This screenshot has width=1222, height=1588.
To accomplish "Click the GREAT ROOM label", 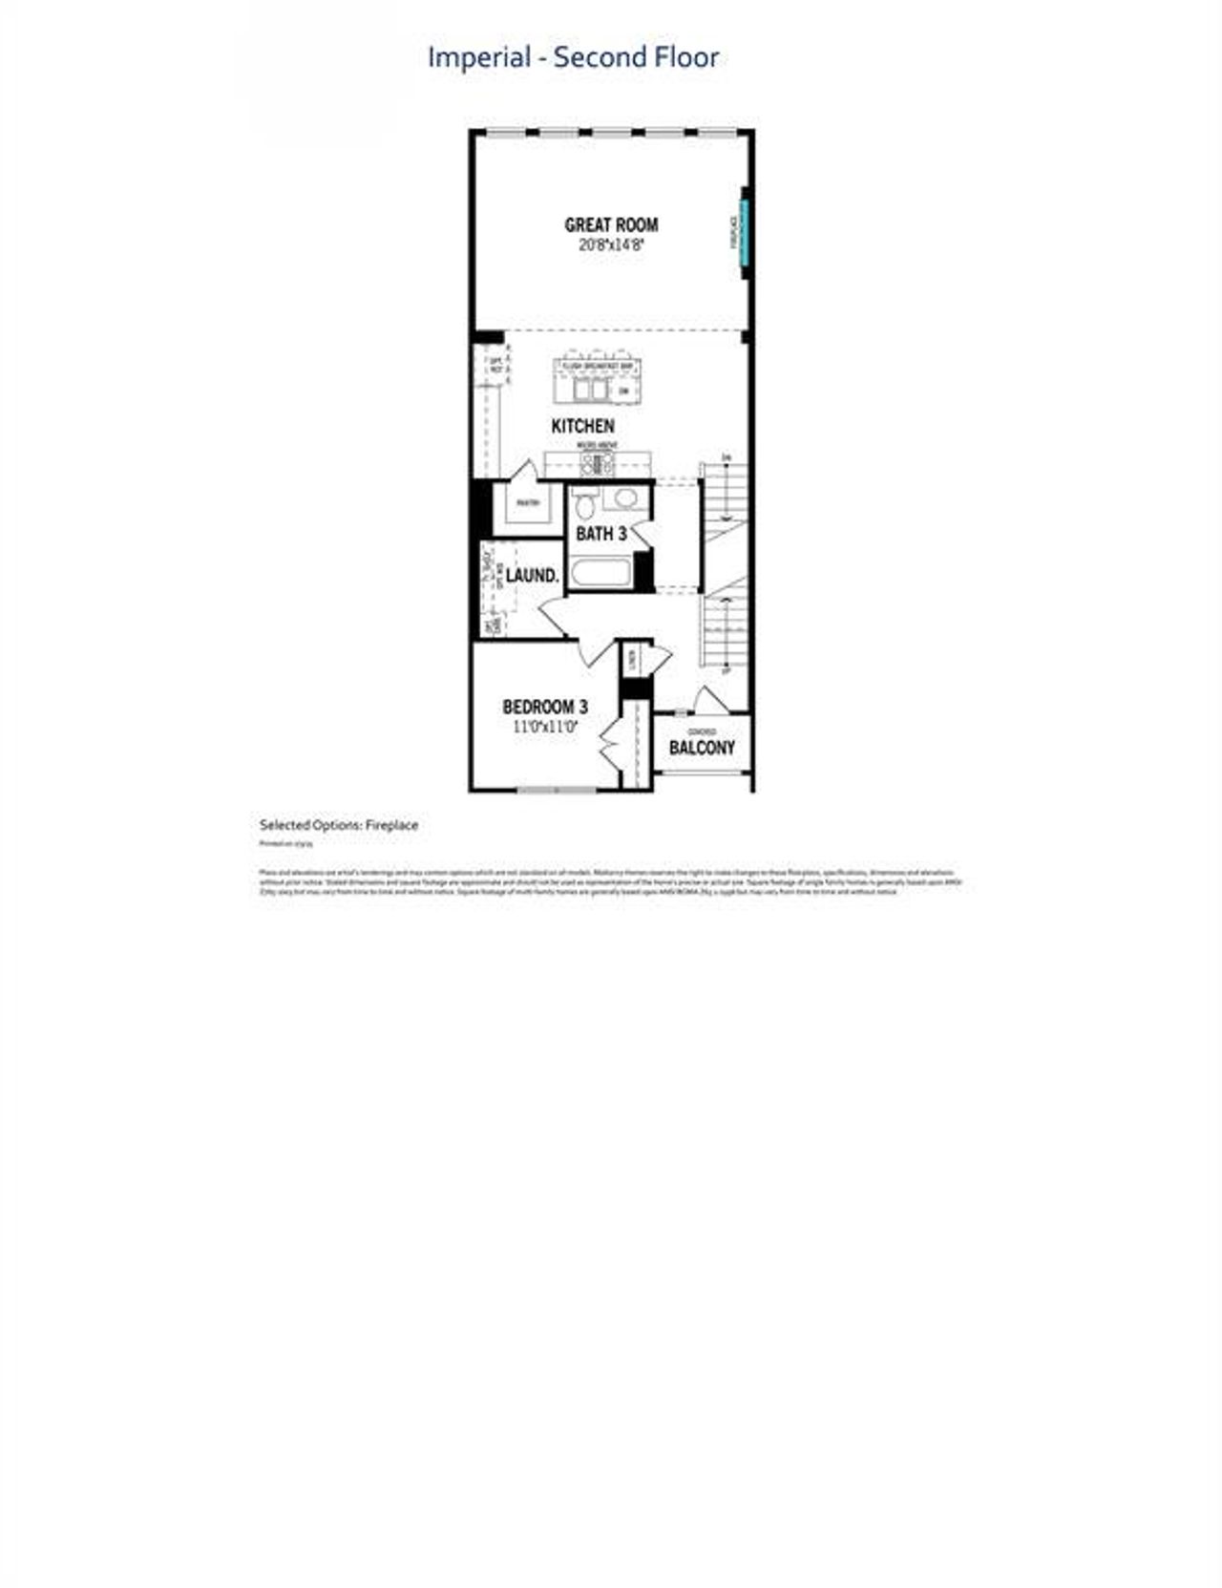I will coord(611,225).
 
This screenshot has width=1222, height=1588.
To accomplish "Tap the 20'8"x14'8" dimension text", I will coord(611,245).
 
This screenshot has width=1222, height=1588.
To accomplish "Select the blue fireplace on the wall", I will coord(745,233).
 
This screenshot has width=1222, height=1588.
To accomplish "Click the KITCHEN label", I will coord(582,426).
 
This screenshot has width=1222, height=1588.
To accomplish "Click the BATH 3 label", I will coord(601,534).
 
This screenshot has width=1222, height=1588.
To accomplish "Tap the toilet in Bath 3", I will coord(585,504).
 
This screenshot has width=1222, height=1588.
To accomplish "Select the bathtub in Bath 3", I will coord(600,573).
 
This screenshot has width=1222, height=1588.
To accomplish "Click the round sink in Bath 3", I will coord(626,498).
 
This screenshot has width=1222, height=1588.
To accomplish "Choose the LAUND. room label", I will coord(532,576).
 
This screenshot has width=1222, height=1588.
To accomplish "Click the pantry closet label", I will coord(528,503).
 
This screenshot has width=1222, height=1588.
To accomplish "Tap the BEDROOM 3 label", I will coord(545,707).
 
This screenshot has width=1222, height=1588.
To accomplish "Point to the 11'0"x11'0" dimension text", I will coord(545,727).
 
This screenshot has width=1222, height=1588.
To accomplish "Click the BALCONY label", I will coord(702,748).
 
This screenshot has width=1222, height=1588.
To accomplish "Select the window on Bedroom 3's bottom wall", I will coord(557,790).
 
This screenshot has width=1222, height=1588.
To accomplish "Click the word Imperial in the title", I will coord(478,57).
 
